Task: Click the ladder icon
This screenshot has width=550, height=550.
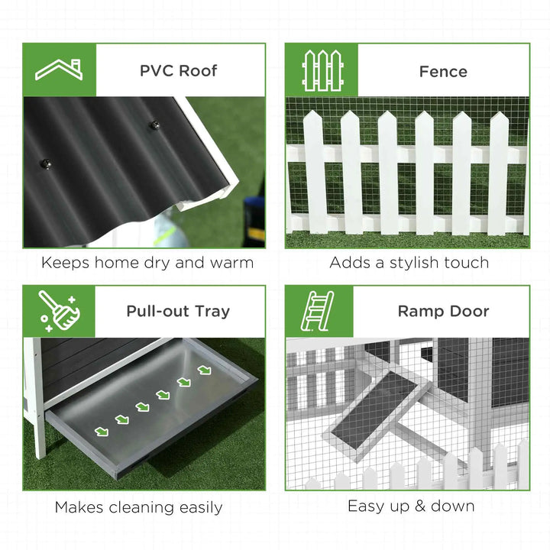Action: [x=319, y=310]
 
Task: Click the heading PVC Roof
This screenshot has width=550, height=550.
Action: [x=178, y=71]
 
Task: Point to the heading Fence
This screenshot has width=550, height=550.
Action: [x=443, y=72]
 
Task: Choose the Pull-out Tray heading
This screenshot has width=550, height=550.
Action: [x=178, y=311]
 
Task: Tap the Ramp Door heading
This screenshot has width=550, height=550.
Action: [x=443, y=311]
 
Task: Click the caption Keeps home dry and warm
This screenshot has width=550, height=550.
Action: [x=147, y=263]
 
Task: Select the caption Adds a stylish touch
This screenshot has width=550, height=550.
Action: [x=409, y=263]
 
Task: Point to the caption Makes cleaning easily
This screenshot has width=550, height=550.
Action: [x=138, y=507]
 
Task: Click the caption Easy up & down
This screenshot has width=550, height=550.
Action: [x=411, y=506]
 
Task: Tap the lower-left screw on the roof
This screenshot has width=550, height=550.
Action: [x=45, y=162]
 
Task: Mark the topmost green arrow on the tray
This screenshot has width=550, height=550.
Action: [x=204, y=370]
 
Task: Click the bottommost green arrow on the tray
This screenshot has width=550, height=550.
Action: [x=102, y=431]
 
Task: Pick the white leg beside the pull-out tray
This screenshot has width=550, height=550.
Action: [x=37, y=405]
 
